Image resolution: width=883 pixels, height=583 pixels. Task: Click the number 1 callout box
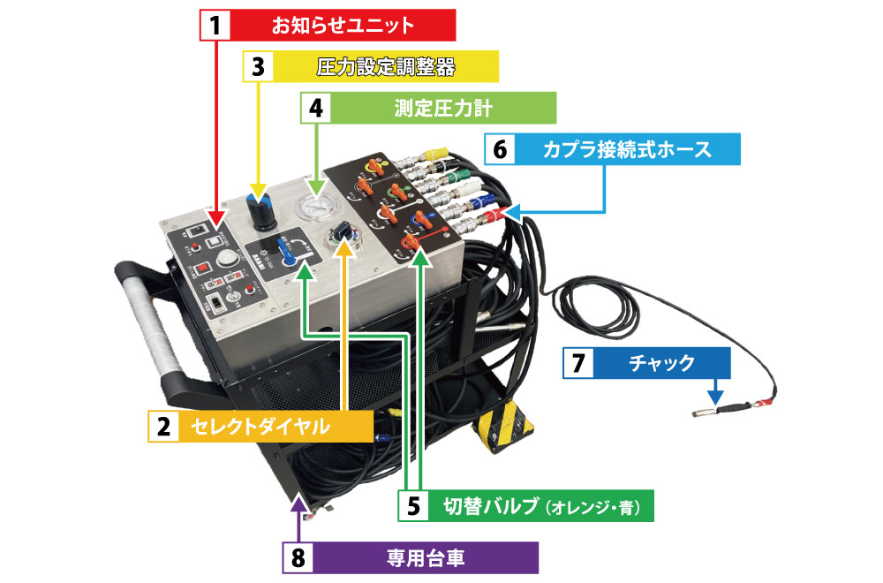point(213,25)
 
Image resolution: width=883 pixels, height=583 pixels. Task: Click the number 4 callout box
point(316,108)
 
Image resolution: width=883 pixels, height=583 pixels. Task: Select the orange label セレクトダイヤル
point(266,428)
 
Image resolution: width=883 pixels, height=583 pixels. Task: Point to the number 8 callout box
point(298,558)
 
